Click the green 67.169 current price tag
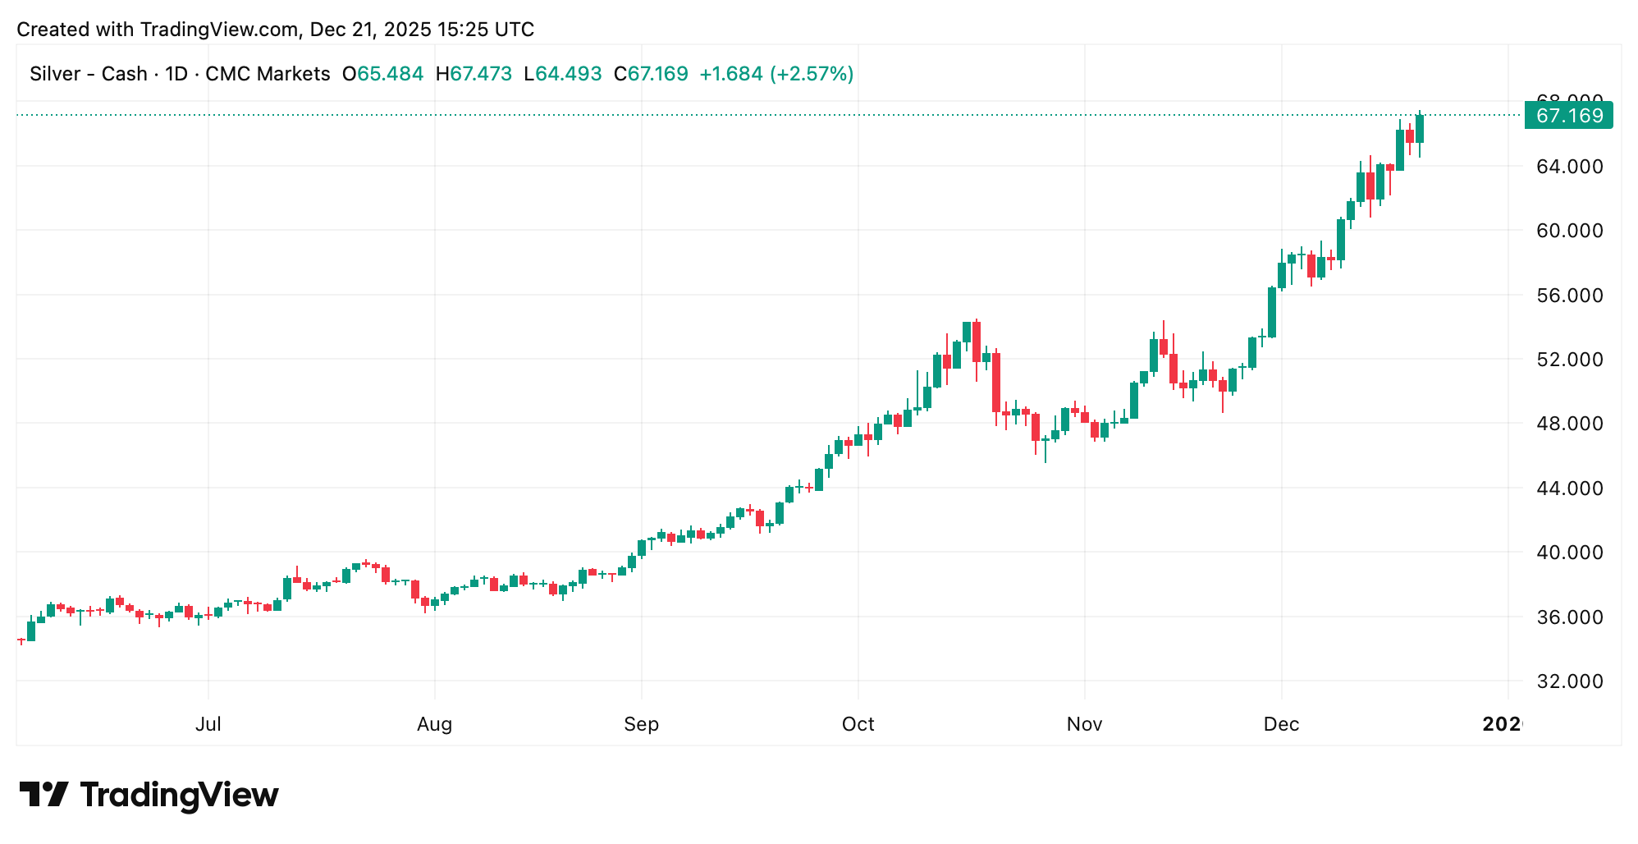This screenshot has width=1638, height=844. click(x=1568, y=116)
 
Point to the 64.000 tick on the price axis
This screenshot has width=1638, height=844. click(x=1569, y=167)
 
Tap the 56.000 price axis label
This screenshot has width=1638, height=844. click(x=1569, y=296)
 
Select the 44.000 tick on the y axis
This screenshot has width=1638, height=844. click(x=1569, y=489)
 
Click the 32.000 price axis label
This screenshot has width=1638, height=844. click(x=1569, y=681)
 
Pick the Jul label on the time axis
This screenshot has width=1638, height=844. click(x=208, y=724)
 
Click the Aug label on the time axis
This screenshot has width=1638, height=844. click(x=434, y=724)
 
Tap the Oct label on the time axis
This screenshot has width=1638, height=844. click(x=858, y=724)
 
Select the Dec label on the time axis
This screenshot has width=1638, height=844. click(x=1281, y=724)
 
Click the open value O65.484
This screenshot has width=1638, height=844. click(x=382, y=74)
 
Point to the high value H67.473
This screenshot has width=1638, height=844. click(x=474, y=74)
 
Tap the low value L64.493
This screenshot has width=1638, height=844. click(x=562, y=74)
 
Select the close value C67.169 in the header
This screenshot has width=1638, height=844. click(x=651, y=74)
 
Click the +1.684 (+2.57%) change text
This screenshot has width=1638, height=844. click(x=776, y=74)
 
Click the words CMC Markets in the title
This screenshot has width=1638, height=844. click(x=268, y=74)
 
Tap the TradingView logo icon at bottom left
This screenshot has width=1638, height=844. click(x=43, y=795)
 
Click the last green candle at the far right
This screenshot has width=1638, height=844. click(x=1420, y=129)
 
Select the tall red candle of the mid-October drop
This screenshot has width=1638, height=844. click(x=996, y=382)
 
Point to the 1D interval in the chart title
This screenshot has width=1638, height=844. click(x=176, y=74)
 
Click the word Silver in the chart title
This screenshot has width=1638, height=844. click(x=55, y=74)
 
